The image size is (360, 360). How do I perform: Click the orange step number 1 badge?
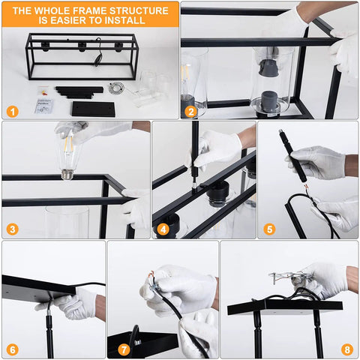(x=13, y=112)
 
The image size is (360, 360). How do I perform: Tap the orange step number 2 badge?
(x=191, y=112)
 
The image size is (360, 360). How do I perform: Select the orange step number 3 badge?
(x=13, y=229)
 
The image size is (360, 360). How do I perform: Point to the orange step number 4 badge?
(x=163, y=229)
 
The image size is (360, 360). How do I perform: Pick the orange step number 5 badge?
(x=269, y=229)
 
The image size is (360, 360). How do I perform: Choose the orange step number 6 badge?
(x=13, y=349)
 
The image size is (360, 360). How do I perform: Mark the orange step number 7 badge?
(x=124, y=349)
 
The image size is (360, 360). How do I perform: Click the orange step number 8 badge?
(x=347, y=349)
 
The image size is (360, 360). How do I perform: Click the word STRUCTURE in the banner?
(x=139, y=10)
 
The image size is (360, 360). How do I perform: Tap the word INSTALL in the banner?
(x=125, y=20)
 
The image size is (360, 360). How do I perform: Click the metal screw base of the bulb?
(x=68, y=174)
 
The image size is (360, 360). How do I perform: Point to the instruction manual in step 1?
(x=44, y=106)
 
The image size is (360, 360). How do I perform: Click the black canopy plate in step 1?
(x=94, y=109)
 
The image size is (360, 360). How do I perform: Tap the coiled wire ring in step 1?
(x=116, y=88)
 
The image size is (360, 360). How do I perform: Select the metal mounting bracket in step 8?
(x=290, y=277)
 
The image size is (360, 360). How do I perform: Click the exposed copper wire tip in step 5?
(x=305, y=187)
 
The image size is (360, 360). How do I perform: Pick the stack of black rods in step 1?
(x=79, y=92)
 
